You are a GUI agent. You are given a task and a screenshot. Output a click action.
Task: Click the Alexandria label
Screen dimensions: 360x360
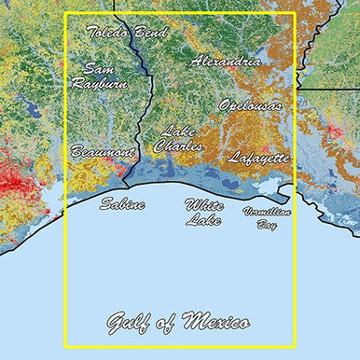coord(225,62)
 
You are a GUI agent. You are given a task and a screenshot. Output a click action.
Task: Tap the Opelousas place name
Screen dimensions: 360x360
coord(249,105)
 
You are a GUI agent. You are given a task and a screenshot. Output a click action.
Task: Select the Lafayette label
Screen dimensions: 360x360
coord(258,158)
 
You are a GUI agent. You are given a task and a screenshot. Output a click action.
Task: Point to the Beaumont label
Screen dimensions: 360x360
coord(102,151)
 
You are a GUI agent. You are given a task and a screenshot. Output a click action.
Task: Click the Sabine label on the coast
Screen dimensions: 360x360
coord(122,203)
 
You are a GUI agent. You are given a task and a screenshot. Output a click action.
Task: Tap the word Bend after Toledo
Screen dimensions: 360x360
coord(151,33)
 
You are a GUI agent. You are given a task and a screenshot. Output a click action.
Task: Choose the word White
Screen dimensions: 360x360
coord(203,204)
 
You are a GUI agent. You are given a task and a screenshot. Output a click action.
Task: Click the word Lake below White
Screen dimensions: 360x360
coord(203,220)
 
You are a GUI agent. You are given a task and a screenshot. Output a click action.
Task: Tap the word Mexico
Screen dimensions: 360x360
coord(216,323)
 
